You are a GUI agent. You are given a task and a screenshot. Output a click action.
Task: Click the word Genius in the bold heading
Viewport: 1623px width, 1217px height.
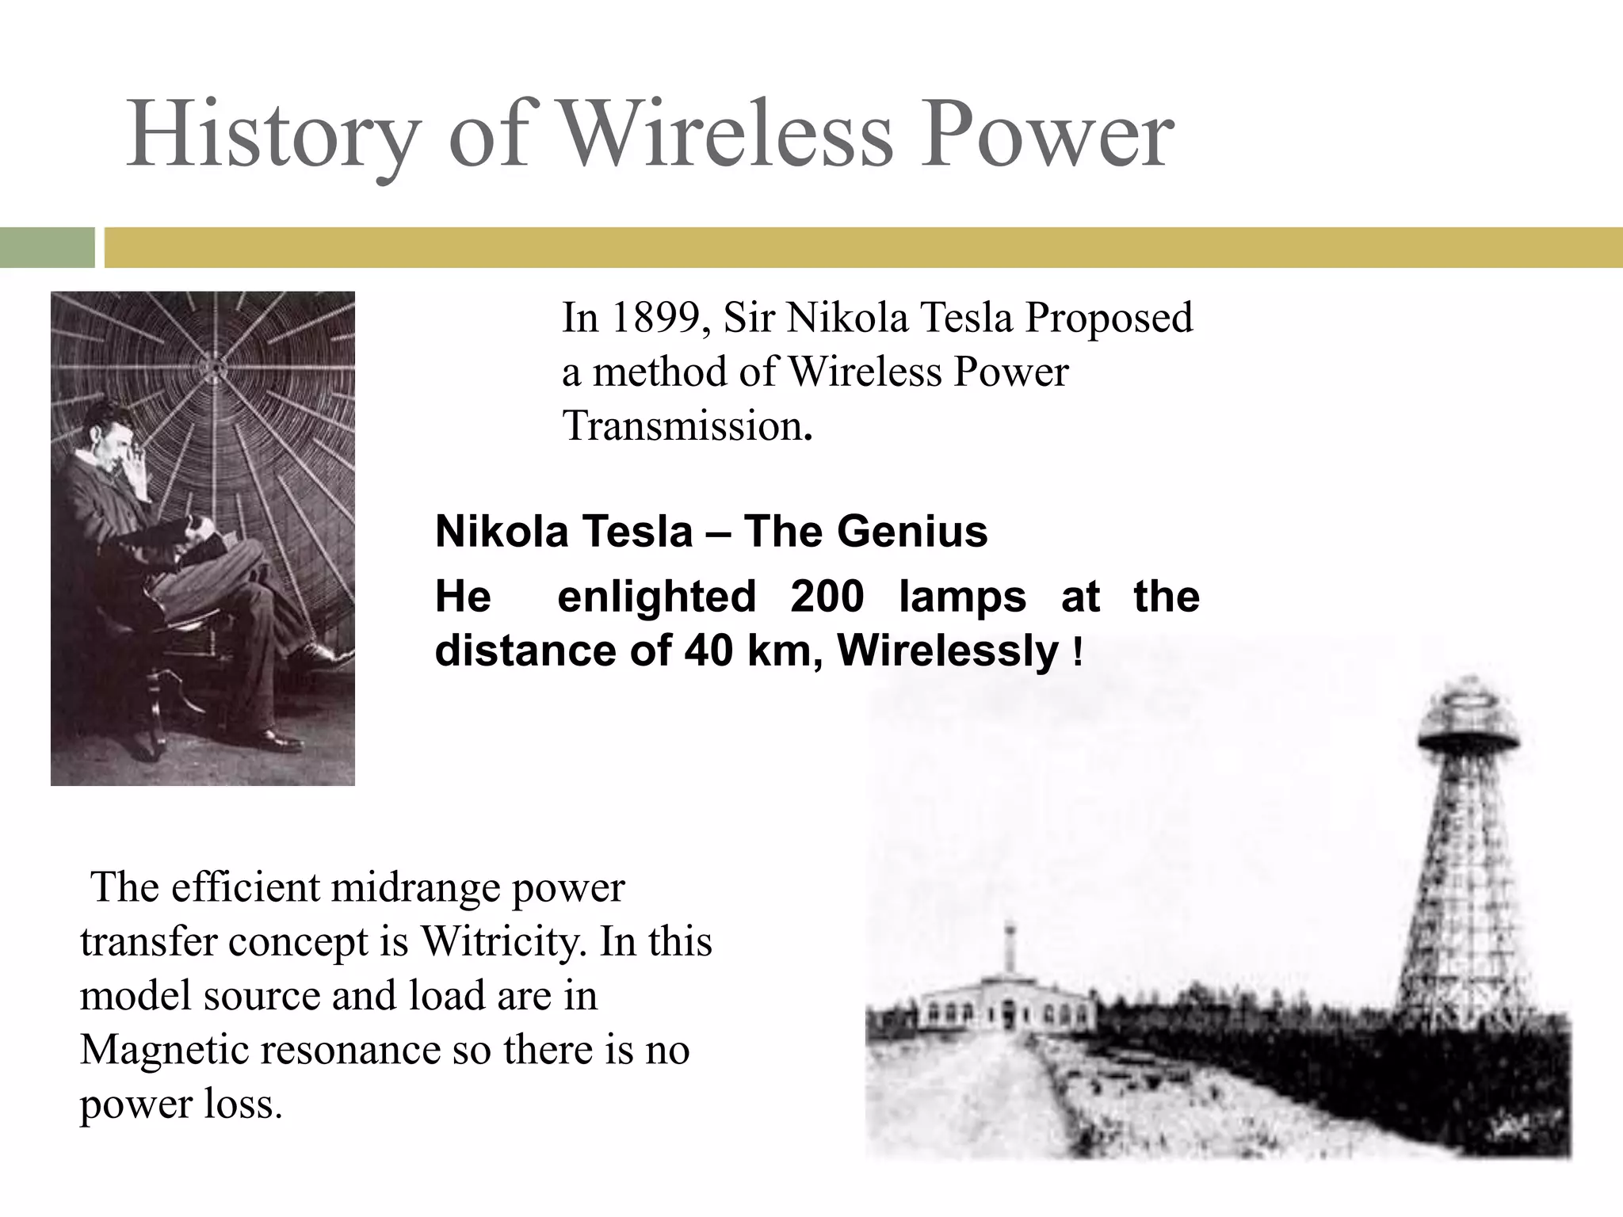click(912, 531)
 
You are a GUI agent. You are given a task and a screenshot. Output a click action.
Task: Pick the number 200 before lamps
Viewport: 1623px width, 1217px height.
click(827, 596)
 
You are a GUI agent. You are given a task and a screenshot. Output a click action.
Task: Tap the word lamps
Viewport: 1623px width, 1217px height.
click(962, 596)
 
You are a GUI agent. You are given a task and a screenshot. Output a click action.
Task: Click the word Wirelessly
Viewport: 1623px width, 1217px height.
click(948, 650)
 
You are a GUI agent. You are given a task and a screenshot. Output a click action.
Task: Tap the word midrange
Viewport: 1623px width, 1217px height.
click(415, 887)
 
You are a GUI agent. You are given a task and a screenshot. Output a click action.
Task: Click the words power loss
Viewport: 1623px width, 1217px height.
click(181, 1104)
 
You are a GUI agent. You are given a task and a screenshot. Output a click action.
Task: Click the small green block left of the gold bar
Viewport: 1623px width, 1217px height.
click(47, 247)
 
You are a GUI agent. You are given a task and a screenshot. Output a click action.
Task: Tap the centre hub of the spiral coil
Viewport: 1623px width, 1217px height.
click(214, 365)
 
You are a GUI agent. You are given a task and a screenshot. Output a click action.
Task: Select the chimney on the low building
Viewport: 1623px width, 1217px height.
click(1009, 947)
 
